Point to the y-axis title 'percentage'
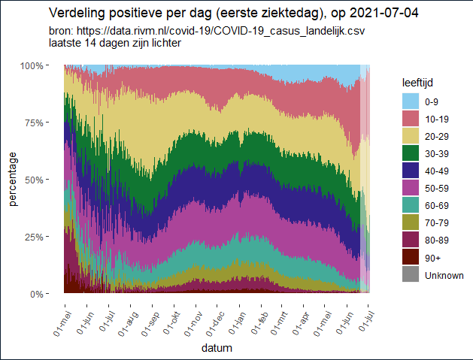pyautogui.click(x=13, y=179)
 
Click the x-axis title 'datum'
pyautogui.click(x=217, y=349)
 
